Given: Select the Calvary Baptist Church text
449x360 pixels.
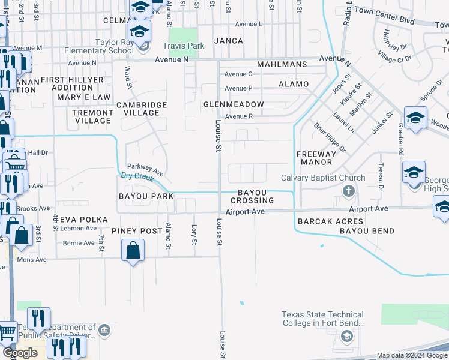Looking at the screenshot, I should (323, 178).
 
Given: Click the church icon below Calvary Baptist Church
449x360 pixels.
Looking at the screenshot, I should (347, 191).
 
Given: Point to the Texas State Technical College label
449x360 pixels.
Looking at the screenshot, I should (323, 319).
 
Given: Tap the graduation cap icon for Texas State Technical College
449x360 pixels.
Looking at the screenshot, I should (346, 337).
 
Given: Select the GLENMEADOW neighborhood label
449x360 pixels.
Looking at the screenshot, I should (234, 104).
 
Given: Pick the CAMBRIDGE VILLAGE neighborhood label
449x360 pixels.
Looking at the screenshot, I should (142, 109).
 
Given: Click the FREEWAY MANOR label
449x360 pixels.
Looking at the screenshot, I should (315, 158).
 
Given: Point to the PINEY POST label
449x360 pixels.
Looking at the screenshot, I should (137, 231).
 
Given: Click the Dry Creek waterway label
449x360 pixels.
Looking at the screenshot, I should (133, 176).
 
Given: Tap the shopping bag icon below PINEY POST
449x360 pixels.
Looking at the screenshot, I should (133, 250).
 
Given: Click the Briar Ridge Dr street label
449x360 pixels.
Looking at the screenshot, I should (330, 137).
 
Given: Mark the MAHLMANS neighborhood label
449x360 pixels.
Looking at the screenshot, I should (282, 64).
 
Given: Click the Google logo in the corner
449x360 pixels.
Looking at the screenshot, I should (20, 353).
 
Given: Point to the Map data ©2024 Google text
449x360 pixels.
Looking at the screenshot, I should (411, 355).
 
